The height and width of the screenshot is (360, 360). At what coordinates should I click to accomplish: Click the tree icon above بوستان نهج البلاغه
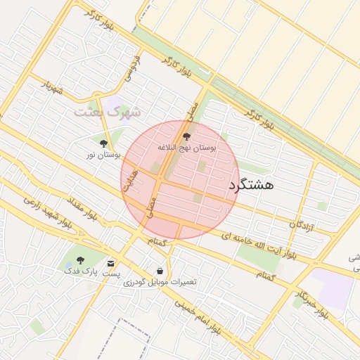click(186, 136)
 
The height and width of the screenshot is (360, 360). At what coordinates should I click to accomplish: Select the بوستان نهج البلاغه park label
click(186, 148)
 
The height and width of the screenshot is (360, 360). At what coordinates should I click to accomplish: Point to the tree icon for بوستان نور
click(104, 143)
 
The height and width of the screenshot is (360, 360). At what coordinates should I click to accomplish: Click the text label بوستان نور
click(103, 154)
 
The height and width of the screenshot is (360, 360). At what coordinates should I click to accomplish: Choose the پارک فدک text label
click(78, 271)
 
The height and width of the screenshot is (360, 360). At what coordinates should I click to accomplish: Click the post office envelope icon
click(110, 262)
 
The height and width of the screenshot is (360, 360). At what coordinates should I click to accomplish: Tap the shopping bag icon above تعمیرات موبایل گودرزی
click(160, 271)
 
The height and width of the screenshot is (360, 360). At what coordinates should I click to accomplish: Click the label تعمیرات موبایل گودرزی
click(160, 282)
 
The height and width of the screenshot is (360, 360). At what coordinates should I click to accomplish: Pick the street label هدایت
click(129, 181)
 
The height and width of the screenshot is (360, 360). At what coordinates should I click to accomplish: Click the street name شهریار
click(53, 89)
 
